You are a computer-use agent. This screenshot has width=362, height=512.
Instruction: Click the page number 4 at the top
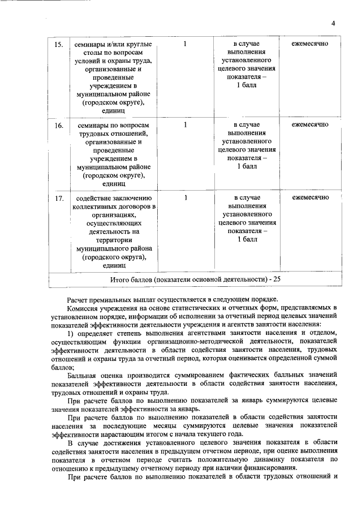click(x=333, y=23)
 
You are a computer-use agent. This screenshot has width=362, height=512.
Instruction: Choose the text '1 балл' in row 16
click(x=247, y=167)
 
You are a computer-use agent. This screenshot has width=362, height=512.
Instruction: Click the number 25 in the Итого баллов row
click(x=275, y=279)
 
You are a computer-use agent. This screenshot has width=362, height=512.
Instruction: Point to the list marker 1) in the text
click(x=71, y=333)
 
